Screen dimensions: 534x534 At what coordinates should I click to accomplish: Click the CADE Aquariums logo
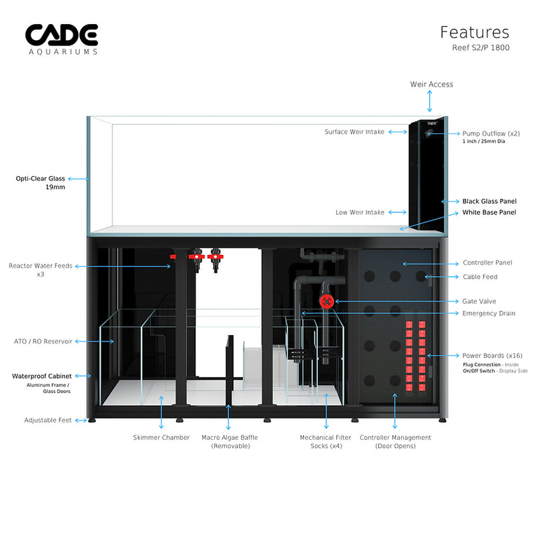point(61,39)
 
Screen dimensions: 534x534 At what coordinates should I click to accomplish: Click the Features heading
point(474,32)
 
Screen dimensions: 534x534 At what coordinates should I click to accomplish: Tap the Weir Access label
point(431,84)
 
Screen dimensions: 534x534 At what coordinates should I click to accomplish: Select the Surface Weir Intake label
point(354,131)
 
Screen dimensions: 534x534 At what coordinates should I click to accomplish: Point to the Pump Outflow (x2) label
point(491,133)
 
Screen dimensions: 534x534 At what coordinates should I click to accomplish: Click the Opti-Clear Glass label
point(41,179)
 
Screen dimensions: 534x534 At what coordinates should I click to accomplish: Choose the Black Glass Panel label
point(489,201)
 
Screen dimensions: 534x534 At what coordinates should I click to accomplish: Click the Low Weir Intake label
point(360,212)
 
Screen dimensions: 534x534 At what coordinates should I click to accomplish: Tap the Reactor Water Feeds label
point(41,266)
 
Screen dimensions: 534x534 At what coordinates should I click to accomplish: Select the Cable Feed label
point(480,276)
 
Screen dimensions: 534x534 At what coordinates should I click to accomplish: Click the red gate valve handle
point(326,302)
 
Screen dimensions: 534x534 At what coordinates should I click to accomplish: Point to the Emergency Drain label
point(489,313)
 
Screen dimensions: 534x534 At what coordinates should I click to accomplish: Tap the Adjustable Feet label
point(47,421)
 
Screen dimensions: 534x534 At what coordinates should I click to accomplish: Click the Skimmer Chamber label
point(162,438)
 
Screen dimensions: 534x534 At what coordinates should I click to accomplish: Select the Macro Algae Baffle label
point(230,438)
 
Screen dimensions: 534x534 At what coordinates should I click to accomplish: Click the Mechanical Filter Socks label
point(326,438)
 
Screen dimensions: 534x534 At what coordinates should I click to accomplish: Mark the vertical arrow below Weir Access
point(430,101)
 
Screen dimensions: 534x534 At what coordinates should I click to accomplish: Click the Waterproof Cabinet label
point(42,376)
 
